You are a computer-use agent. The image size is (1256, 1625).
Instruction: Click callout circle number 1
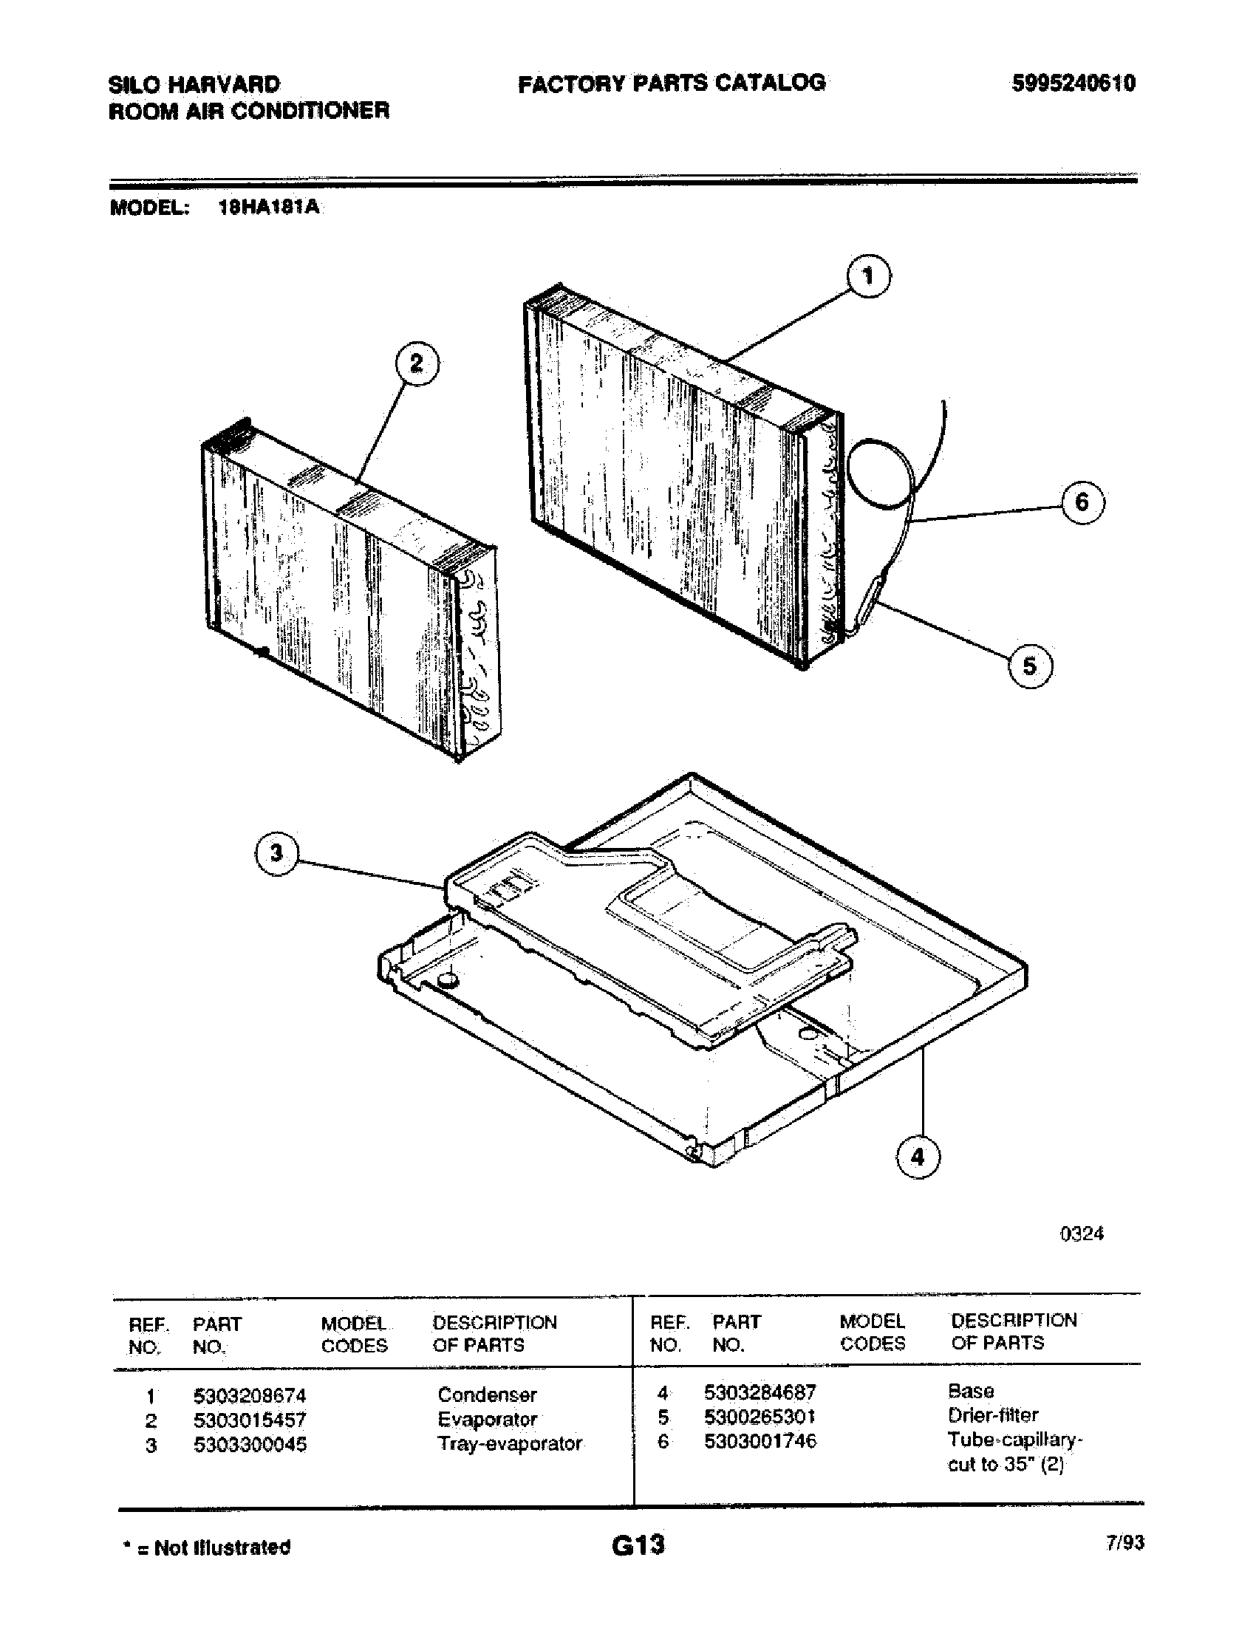coord(868,276)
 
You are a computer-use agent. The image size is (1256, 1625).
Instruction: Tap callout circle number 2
coord(416,364)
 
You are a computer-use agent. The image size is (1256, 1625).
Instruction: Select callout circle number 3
coord(276,852)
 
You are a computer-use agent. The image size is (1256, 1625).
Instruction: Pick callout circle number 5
coord(1030,666)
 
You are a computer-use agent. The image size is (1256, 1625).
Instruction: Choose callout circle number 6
coord(1082,502)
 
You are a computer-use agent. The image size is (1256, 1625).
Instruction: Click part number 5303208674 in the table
coord(249,1395)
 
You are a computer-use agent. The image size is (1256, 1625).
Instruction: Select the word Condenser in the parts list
coord(487,1395)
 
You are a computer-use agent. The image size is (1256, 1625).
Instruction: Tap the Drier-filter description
coord(992,1415)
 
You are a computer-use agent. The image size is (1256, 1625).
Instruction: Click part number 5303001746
coord(760,1441)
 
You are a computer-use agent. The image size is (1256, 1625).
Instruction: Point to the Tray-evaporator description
coord(510,1443)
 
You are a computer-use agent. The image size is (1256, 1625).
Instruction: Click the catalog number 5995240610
coord(1073,83)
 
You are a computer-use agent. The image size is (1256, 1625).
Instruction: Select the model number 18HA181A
coord(269,208)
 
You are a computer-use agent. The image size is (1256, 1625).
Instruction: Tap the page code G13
coord(638,1545)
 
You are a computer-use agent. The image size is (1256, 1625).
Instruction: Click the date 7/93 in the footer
coord(1124,1543)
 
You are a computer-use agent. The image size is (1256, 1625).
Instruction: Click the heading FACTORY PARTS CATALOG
coord(671,83)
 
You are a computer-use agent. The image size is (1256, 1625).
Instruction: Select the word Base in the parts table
coord(970,1391)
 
